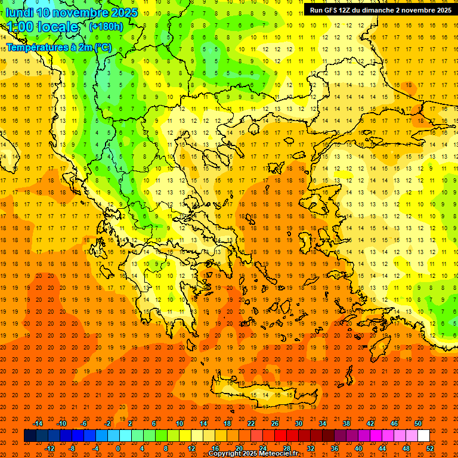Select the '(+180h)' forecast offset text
coord(106,27)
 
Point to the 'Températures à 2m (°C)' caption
coord(58,47)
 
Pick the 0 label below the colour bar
coord(118,448)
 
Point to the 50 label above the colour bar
coord(418,423)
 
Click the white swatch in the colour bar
coord(423,436)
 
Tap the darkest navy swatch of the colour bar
coord(30,436)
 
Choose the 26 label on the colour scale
coord(275,423)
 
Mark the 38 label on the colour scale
coord(346,423)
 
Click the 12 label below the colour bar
coord(191,448)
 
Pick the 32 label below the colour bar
coord(311,448)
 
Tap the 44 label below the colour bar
coord(382,448)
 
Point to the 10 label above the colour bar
coord(180,423)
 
